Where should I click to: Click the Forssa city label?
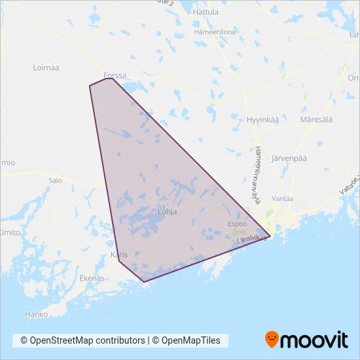click(x=115, y=75)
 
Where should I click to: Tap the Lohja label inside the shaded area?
click(x=168, y=212)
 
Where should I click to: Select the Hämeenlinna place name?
click(x=215, y=31)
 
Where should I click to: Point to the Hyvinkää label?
click(x=262, y=120)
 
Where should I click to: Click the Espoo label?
click(x=237, y=223)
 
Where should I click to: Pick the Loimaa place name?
click(x=46, y=67)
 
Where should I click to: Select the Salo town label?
click(x=55, y=179)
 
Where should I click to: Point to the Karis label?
click(x=118, y=255)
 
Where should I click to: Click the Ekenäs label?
click(x=92, y=278)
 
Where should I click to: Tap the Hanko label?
click(x=37, y=314)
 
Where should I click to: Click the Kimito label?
click(x=9, y=232)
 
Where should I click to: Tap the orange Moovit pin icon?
click(x=272, y=340)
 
